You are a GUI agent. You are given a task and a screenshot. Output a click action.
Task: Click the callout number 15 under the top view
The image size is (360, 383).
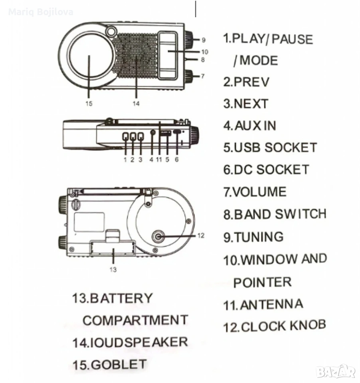click(x=89, y=104)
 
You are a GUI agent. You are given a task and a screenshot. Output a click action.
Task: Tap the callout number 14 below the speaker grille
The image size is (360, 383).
click(x=136, y=104)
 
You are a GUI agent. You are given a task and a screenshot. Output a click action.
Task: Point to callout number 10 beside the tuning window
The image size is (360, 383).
click(x=205, y=51)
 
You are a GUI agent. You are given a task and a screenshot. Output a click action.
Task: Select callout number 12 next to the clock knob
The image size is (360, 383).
click(x=200, y=236)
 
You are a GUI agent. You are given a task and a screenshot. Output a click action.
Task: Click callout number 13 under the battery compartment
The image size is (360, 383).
click(x=113, y=270)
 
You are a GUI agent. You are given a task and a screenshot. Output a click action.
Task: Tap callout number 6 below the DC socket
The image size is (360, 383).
click(x=177, y=160)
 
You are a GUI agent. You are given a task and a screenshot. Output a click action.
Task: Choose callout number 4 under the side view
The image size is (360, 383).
click(x=151, y=160)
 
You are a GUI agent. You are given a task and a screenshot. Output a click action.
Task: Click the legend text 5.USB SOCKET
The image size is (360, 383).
click(x=270, y=148)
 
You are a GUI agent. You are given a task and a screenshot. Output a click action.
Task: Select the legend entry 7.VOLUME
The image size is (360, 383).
click(x=255, y=192)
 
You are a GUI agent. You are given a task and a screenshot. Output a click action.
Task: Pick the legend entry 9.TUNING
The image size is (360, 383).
click(x=253, y=237)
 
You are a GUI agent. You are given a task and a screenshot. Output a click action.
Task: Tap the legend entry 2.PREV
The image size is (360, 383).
click(x=246, y=82)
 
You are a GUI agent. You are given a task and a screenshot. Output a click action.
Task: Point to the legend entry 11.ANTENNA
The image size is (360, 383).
click(x=263, y=305)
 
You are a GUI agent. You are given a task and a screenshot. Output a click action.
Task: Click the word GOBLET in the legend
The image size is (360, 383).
click(x=119, y=365)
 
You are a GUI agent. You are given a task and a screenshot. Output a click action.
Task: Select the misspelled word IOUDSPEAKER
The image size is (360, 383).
click(x=139, y=342)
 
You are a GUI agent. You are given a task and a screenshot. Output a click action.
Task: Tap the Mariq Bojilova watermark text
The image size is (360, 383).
click(x=41, y=12)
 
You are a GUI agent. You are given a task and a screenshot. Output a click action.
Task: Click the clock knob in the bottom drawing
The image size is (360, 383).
click(x=158, y=237)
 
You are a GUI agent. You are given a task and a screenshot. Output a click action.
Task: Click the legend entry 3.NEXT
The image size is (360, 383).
click(x=245, y=104)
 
